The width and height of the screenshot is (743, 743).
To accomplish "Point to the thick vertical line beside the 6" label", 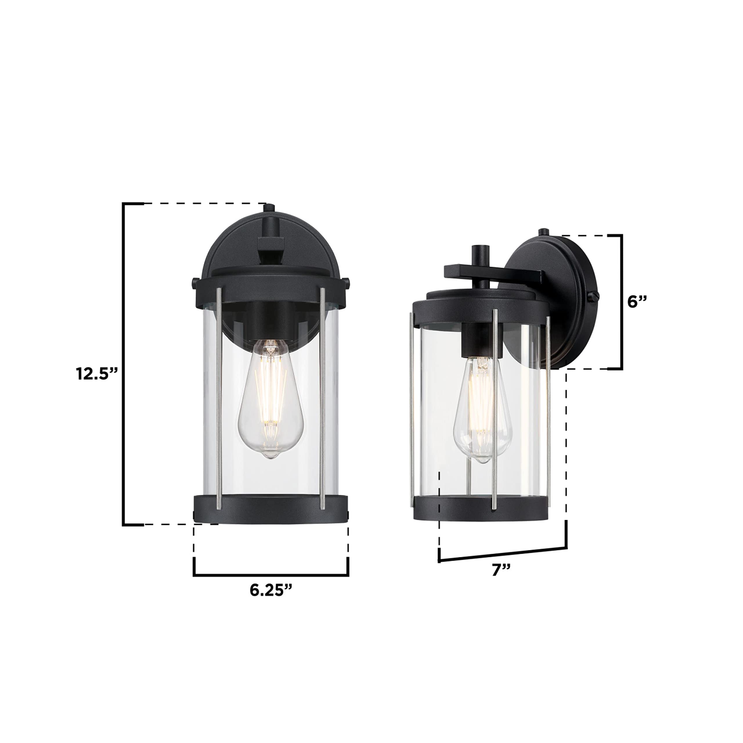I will click(621, 302).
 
